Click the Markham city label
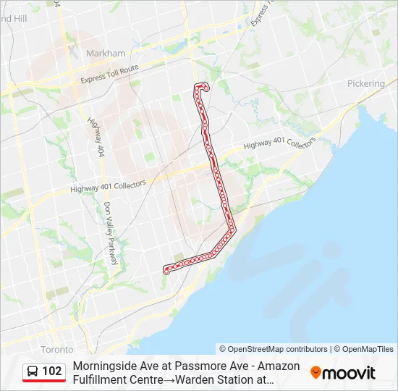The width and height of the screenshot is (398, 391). click(x=106, y=54)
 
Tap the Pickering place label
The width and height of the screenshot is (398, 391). click(x=366, y=84)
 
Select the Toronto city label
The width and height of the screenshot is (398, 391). click(x=56, y=349)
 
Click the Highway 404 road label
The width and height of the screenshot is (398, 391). click(x=95, y=137)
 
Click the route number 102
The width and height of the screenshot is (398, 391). click(x=52, y=371)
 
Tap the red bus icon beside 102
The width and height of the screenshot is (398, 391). click(x=33, y=372)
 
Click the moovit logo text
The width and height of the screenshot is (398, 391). click(x=349, y=373)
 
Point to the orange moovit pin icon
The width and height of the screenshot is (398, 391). click(x=316, y=373)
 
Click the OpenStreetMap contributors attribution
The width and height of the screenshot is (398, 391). click(x=274, y=349)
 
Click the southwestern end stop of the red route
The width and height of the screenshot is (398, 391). click(x=167, y=271)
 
